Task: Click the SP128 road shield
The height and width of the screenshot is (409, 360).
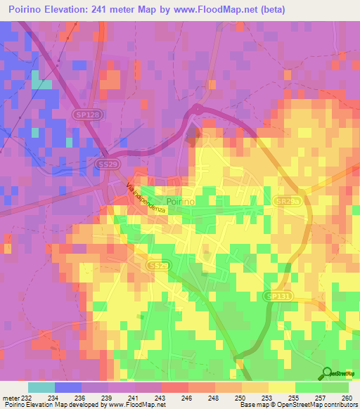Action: tap(84, 113)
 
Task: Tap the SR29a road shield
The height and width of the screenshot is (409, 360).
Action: tap(286, 201)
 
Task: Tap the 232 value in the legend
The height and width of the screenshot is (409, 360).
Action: tap(25, 397)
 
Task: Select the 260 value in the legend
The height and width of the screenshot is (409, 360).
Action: tap(345, 397)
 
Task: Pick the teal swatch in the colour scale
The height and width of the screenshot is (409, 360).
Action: tap(41, 387)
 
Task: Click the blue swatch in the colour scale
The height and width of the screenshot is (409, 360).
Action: tap(68, 387)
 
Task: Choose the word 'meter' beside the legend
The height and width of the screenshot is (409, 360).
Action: tap(10, 397)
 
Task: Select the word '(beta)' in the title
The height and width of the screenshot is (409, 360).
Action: tap(304, 10)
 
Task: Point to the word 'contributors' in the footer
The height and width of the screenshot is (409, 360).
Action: tap(338, 405)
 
